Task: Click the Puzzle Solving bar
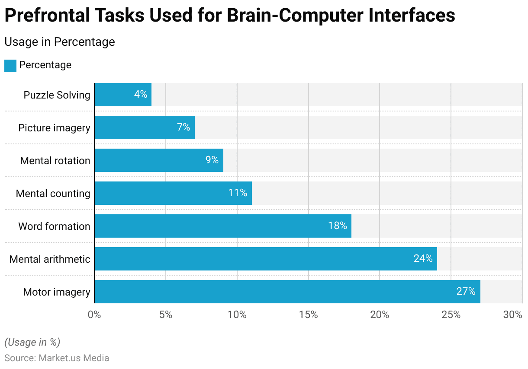coord(123,95)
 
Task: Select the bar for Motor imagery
coord(287,292)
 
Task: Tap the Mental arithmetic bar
coord(265,259)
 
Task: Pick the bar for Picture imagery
coord(145,127)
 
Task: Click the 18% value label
coord(337,226)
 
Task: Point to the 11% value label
coord(238,193)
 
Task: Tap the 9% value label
coord(212,160)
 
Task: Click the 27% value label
coord(466,291)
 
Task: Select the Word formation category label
coord(54,226)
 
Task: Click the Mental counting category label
coord(53,193)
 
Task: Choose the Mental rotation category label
coord(55,160)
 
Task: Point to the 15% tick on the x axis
coord(309,315)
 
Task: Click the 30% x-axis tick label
coord(513,315)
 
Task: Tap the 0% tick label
coord(94,315)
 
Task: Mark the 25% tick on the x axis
coord(451,315)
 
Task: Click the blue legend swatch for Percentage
coord(10,65)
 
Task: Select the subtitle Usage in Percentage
coord(60,41)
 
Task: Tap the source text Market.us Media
coord(74,358)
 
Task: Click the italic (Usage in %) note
coord(32,342)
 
